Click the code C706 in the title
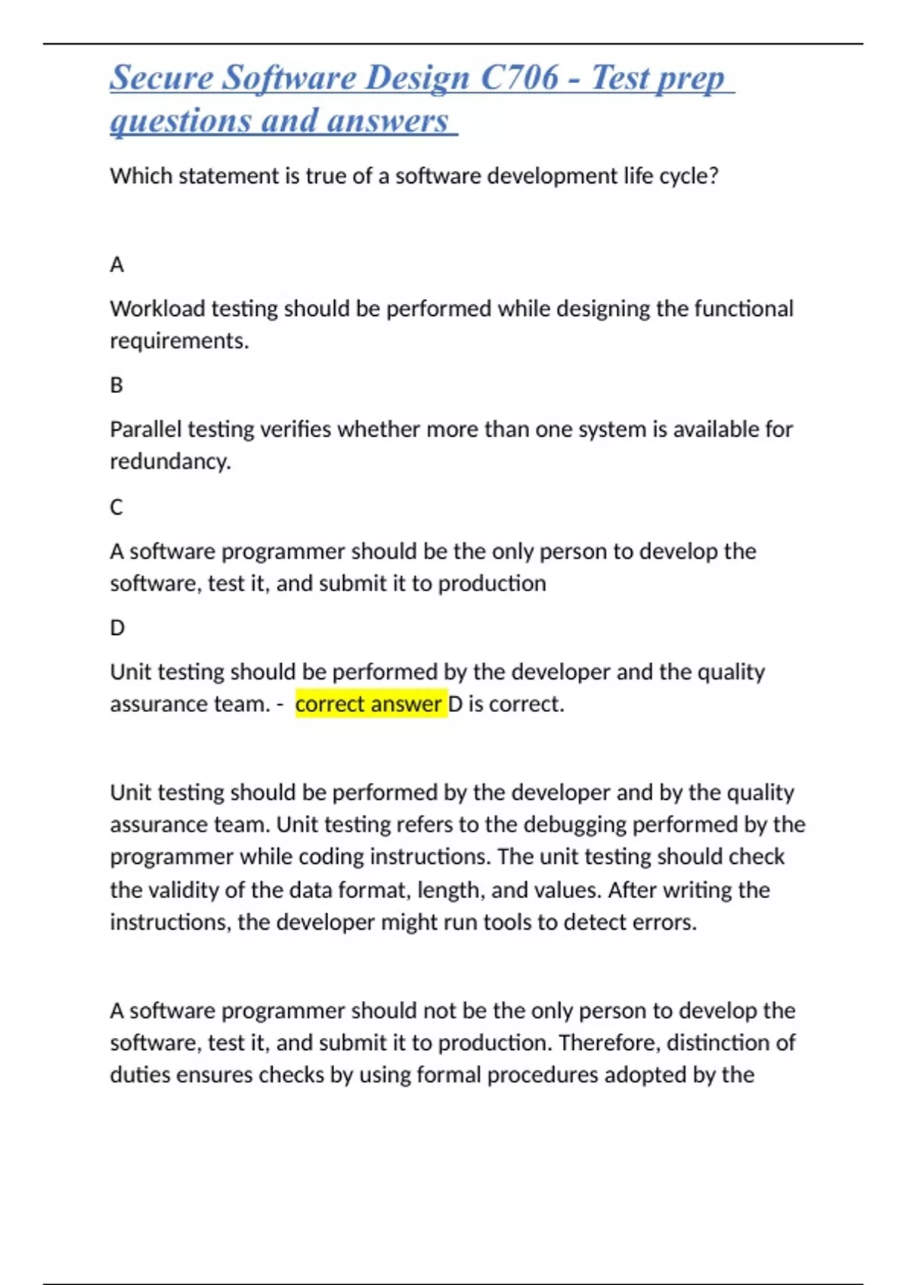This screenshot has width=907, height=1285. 519,78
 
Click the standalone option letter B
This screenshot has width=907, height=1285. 116,385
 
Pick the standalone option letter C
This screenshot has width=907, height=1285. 116,507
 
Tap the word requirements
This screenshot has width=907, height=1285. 179,342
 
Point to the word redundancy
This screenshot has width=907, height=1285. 170,462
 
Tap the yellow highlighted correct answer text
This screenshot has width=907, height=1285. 369,704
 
